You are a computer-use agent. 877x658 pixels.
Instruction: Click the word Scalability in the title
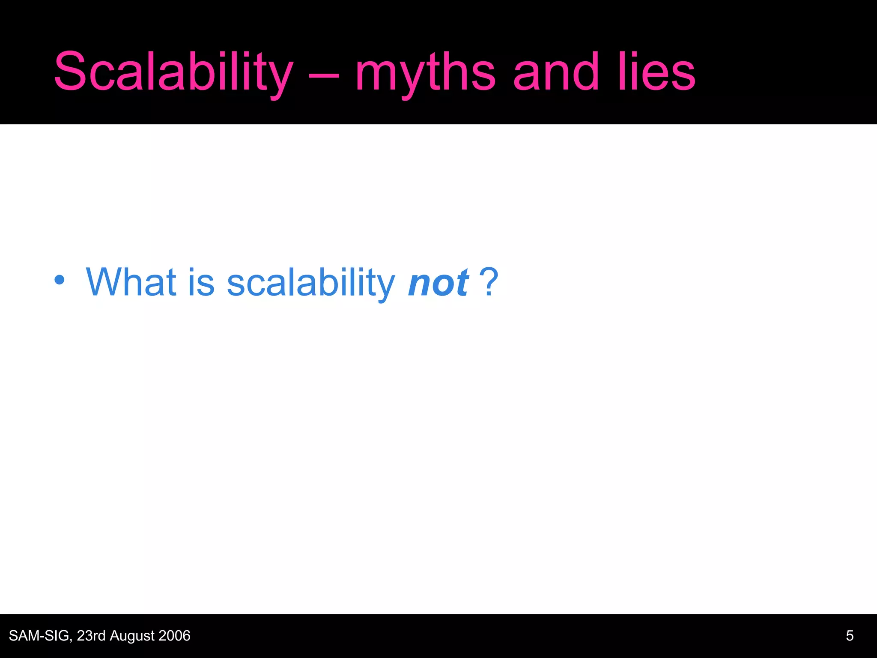coord(173,72)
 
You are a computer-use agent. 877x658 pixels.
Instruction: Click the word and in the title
coord(555,72)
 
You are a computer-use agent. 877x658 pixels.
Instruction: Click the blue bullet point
coord(60,280)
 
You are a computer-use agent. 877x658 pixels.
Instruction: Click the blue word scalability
coord(310,283)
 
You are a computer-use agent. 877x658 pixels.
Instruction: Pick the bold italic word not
coord(438,283)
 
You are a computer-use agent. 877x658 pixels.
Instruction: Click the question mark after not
coord(489,282)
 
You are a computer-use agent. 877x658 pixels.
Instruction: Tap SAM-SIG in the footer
coord(39,636)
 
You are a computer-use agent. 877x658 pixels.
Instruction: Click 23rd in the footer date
coord(91,636)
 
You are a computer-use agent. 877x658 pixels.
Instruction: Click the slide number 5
coord(850,636)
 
